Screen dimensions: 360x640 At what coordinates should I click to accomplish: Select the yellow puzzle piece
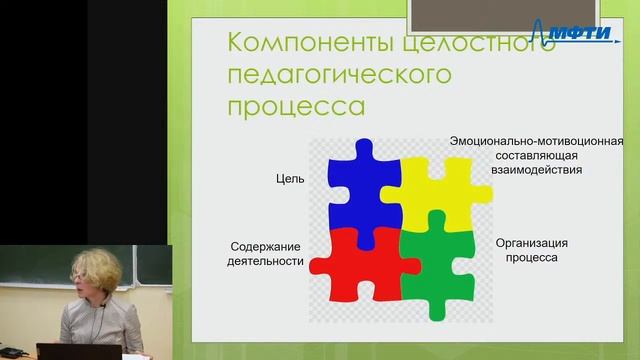[x=440, y=190]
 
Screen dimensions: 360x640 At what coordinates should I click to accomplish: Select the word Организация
[x=532, y=243]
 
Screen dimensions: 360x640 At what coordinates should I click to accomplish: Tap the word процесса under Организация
[x=532, y=259]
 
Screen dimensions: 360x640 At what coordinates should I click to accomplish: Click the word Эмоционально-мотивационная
[x=536, y=141]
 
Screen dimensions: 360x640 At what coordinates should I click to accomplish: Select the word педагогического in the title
[x=341, y=75]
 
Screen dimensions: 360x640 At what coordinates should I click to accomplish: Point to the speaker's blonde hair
[x=95, y=268]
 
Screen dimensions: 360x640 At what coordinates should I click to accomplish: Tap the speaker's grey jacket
[x=90, y=325]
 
